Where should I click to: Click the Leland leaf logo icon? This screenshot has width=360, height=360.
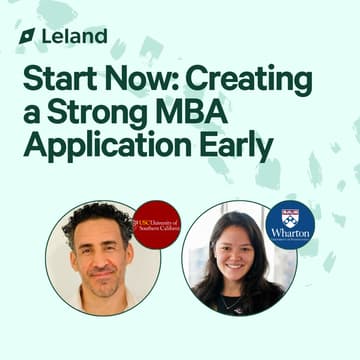click(27, 36)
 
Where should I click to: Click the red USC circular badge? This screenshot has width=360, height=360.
click(157, 224)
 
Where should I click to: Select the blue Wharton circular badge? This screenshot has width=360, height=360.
click(290, 224)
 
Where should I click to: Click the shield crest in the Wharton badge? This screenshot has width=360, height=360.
click(290, 214)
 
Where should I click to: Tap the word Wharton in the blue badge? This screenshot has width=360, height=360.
click(290, 232)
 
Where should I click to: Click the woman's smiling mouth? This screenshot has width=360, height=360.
click(237, 272)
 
